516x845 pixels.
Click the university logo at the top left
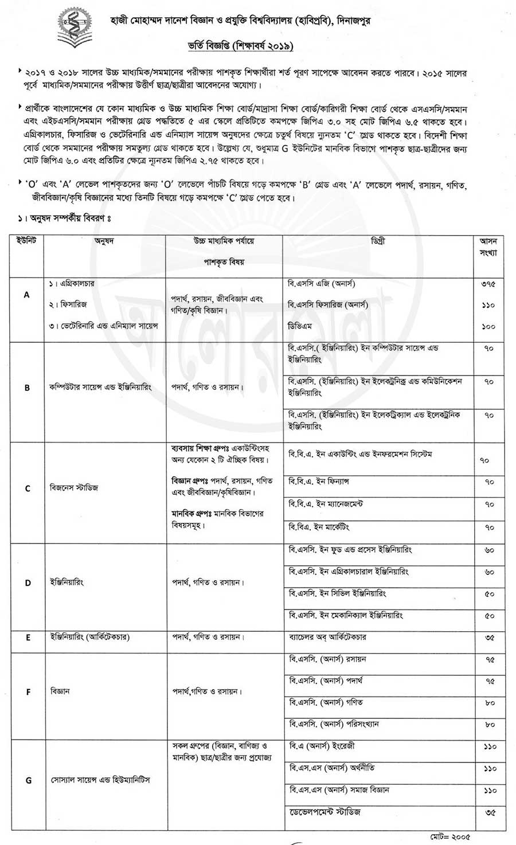75,28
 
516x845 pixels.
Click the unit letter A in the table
26,295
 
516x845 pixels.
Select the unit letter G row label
29,780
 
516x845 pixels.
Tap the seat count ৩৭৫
488,284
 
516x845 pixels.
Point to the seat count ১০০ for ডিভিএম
488,326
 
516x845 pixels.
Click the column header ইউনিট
26,241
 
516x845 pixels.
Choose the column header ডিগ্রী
378,241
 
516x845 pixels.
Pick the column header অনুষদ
104,241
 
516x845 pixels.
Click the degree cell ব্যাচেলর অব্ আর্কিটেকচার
327,637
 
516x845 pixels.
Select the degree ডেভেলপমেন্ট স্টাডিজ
325,812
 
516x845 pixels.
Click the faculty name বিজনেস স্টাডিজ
74,488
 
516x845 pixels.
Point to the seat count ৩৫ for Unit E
489,637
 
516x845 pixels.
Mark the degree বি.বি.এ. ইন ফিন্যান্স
319,482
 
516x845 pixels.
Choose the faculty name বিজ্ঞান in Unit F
60,691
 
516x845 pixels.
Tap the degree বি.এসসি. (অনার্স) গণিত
326,702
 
